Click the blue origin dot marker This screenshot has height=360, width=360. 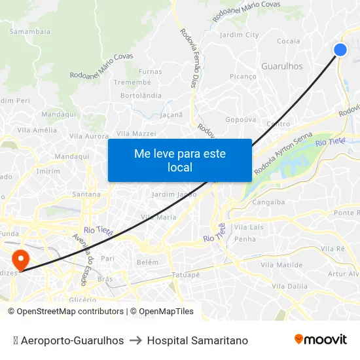tap(340, 50)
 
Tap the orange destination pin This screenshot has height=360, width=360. tap(21, 259)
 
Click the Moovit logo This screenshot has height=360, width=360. tap(320, 340)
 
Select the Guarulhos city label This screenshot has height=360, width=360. tap(282, 66)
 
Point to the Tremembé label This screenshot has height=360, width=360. tap(132, 82)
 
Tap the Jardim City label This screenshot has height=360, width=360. tap(240, 35)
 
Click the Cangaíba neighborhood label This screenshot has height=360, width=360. tap(268, 202)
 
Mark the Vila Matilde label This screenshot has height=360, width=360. tap(281, 265)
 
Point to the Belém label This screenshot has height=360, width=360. tap(147, 262)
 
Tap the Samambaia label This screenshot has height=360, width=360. tap(29, 31)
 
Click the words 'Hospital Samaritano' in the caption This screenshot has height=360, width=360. tap(198, 340)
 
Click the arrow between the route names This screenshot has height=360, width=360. tap(135, 340)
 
